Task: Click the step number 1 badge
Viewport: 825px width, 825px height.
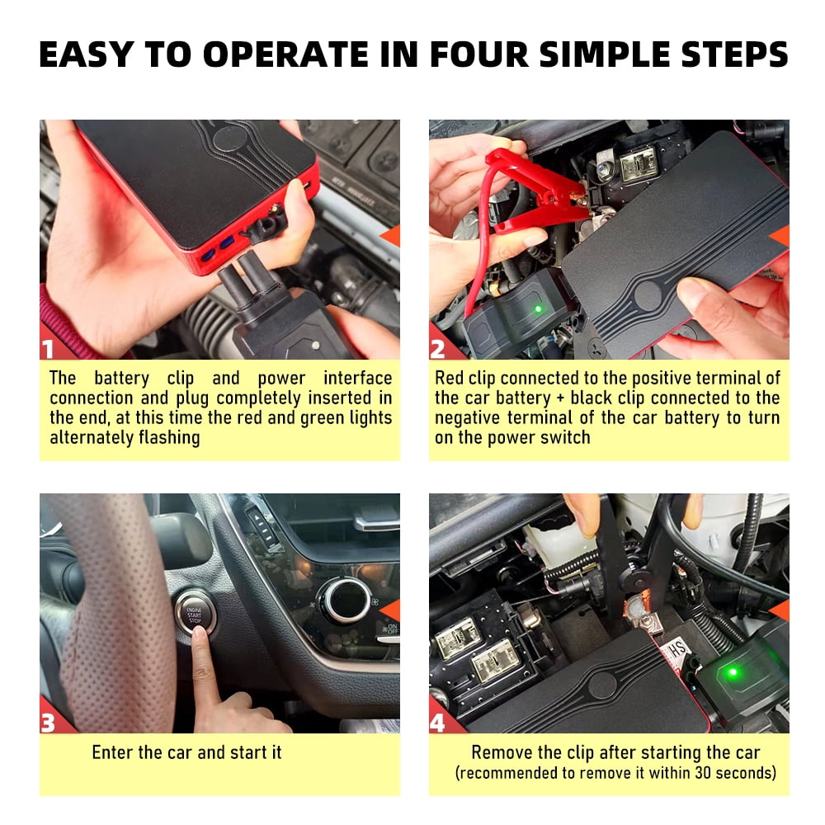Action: pyautogui.click(x=49, y=349)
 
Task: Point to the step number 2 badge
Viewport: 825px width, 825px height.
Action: pyautogui.click(x=439, y=349)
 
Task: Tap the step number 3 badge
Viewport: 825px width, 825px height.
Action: pyautogui.click(x=49, y=724)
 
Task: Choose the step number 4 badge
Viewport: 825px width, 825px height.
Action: pyautogui.click(x=439, y=724)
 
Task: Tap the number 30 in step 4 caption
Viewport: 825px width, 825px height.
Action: pyautogui.click(x=691, y=774)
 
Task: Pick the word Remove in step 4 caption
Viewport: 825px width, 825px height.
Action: pyautogui.click(x=497, y=752)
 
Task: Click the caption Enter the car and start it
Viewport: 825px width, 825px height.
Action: pyautogui.click(x=186, y=752)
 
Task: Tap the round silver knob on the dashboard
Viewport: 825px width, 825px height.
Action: pyautogui.click(x=343, y=601)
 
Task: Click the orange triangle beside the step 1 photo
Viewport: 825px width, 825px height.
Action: pyautogui.click(x=390, y=236)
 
